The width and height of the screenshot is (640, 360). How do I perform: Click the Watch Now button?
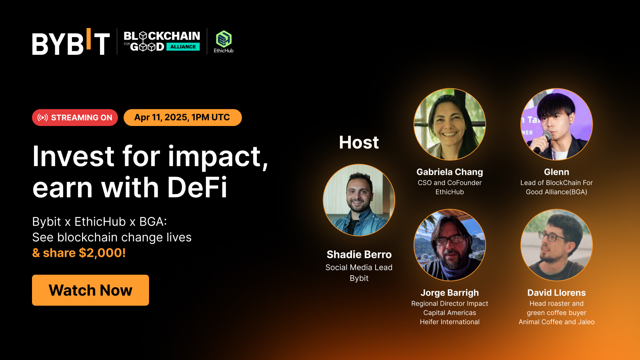pyautogui.click(x=90, y=290)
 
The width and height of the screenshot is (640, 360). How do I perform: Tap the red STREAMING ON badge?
pyautogui.click(x=75, y=118)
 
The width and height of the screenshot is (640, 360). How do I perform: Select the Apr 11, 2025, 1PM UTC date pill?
pyautogui.click(x=182, y=118)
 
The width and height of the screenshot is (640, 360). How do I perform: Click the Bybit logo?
pyautogui.click(x=71, y=42)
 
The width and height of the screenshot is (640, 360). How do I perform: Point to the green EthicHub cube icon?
pyautogui.click(x=224, y=39)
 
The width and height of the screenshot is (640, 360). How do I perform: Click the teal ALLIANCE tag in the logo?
pyautogui.click(x=183, y=47)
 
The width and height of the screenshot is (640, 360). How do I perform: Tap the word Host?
pyautogui.click(x=359, y=142)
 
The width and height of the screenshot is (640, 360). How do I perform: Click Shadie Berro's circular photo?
pyautogui.click(x=359, y=200)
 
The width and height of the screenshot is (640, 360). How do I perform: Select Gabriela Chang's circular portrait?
pyautogui.click(x=450, y=124)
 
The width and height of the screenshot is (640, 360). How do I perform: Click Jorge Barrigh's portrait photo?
pyautogui.click(x=450, y=245)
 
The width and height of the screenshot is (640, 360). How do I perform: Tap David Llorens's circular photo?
pyautogui.click(x=556, y=245)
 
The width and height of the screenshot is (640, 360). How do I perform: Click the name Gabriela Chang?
pyautogui.click(x=450, y=172)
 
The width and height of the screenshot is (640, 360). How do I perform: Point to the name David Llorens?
pyautogui.click(x=556, y=293)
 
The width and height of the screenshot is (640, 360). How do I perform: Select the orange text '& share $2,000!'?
pyautogui.click(x=79, y=253)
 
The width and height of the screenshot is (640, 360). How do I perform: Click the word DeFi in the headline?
pyautogui.click(x=197, y=187)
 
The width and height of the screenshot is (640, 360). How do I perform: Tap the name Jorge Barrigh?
pyautogui.click(x=450, y=293)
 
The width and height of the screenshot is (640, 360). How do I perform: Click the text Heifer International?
pyautogui.click(x=450, y=322)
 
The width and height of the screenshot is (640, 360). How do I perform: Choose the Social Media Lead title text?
pyautogui.click(x=359, y=268)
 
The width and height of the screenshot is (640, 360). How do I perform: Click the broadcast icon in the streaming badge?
pyautogui.click(x=43, y=118)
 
